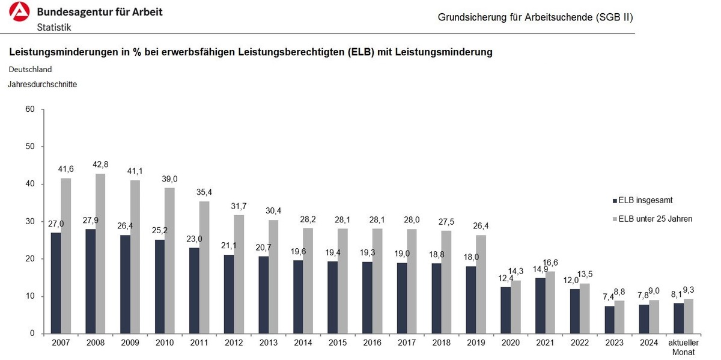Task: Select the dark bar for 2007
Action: click(56, 282)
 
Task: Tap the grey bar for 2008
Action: click(100, 253)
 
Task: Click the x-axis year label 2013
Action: click(269, 343)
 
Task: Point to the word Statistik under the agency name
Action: click(54, 27)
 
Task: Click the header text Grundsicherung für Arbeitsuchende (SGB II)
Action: click(535, 17)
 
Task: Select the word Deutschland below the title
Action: click(30, 69)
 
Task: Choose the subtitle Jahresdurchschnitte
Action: click(42, 85)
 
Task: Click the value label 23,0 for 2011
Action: click(193, 239)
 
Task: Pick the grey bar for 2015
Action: click(342, 281)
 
